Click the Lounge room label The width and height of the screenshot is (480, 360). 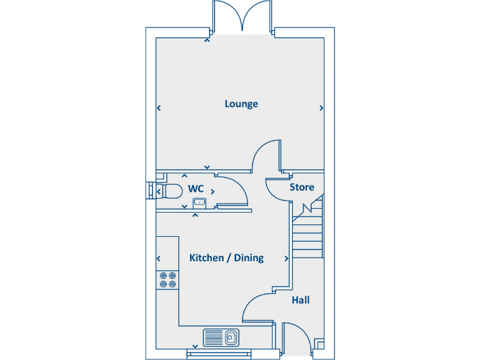pyautogui.click(x=241, y=104)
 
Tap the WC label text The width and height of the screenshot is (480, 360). pyautogui.click(x=196, y=189)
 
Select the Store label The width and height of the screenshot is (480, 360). pyautogui.click(x=302, y=187)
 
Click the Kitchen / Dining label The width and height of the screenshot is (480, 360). pyautogui.click(x=226, y=257)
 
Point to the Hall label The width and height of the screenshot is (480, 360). pyautogui.click(x=301, y=301)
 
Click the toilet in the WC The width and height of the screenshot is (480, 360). pyautogui.click(x=170, y=190)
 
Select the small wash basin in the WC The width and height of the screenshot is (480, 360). pyautogui.click(x=200, y=202)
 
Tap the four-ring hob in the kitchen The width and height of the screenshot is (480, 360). pyautogui.click(x=167, y=279)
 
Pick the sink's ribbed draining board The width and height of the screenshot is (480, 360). pyautogui.click(x=214, y=337)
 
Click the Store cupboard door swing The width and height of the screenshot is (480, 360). pyautogui.click(x=277, y=189)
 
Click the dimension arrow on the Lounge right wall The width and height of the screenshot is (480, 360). pyautogui.click(x=321, y=108)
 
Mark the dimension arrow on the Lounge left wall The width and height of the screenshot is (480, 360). pyautogui.click(x=159, y=108)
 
